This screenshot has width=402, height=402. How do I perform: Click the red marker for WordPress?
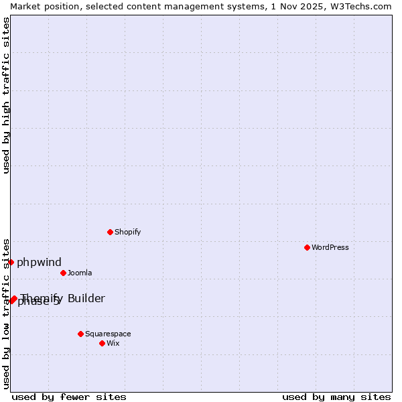(x=307, y=247)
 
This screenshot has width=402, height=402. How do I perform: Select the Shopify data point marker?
(x=110, y=232)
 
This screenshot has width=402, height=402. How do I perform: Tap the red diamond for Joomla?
(x=63, y=273)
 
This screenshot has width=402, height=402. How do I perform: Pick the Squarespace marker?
(x=80, y=334)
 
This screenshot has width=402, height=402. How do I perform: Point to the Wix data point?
(x=102, y=343)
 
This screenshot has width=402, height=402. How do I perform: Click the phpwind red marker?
(x=11, y=262)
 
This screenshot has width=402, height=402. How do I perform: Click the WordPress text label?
(x=330, y=247)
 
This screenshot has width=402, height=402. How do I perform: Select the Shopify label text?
(x=127, y=232)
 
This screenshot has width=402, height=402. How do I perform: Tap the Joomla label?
(x=80, y=273)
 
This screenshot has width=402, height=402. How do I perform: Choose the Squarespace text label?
(x=108, y=334)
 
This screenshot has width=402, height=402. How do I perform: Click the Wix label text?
(x=113, y=343)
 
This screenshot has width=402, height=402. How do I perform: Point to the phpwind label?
(x=39, y=262)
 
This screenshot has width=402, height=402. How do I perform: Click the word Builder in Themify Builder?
(x=86, y=298)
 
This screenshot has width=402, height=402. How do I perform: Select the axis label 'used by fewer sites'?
(x=69, y=397)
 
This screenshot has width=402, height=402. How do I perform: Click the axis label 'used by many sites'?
(x=336, y=397)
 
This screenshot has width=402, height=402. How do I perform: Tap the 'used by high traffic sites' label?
(x=6, y=95)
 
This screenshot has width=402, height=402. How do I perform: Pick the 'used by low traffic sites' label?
(x=6, y=314)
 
